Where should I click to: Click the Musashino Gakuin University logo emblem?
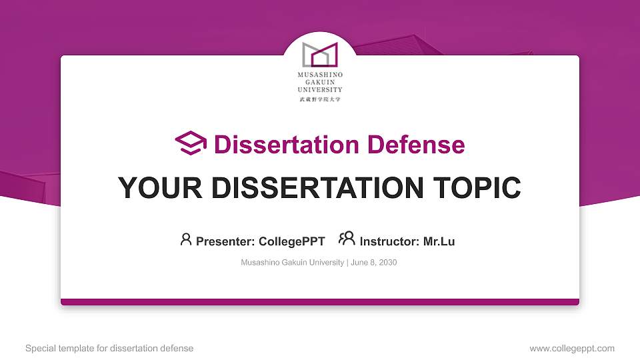click(x=320, y=54)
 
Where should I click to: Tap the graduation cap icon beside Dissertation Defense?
click(x=191, y=143)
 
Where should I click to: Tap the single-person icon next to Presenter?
click(x=186, y=239)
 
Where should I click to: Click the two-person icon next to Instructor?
click(x=347, y=239)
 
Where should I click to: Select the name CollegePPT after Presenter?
click(x=291, y=241)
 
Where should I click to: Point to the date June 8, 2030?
click(x=373, y=263)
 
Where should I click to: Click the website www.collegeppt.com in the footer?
click(x=571, y=348)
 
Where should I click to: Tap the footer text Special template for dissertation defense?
click(x=109, y=348)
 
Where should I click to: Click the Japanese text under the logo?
click(x=320, y=99)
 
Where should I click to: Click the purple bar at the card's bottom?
click(x=320, y=302)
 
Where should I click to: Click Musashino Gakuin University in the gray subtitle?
click(x=292, y=263)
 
